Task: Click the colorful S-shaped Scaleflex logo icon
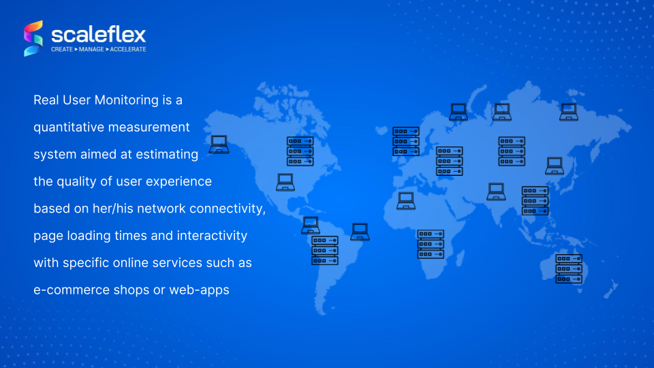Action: pyautogui.click(x=33, y=38)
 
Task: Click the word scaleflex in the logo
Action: pyautogui.click(x=98, y=35)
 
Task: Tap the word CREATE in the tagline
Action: pyautogui.click(x=62, y=49)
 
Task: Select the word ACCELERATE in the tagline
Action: pyautogui.click(x=128, y=49)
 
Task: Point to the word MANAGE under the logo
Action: pyautogui.click(x=91, y=49)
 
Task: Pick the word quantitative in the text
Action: pyautogui.click(x=69, y=127)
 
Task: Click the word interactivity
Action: pyautogui.click(x=212, y=236)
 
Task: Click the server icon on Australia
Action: pyautogui.click(x=568, y=269)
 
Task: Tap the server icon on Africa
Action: pyautogui.click(x=431, y=244)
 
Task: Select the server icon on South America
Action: pyautogui.click(x=324, y=250)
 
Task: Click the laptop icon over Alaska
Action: pyautogui.click(x=219, y=144)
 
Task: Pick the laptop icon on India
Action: pyautogui.click(x=496, y=192)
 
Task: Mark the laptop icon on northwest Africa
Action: pyautogui.click(x=406, y=200)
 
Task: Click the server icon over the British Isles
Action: pyautogui.click(x=406, y=142)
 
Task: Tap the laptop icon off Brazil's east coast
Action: pyautogui.click(x=360, y=232)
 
